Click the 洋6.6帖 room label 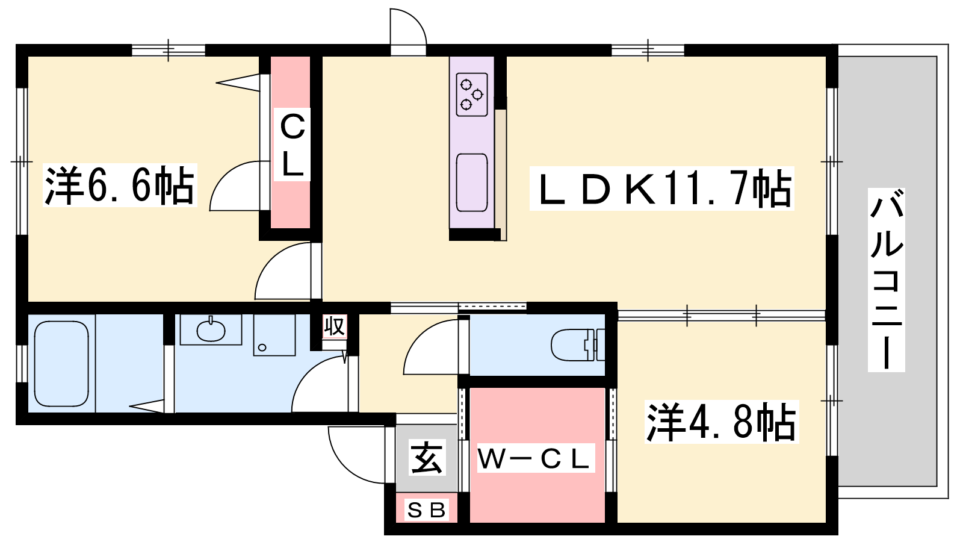(120, 185)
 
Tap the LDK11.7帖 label (662, 188)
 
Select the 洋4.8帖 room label (722, 422)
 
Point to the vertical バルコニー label (887, 279)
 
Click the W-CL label (536, 458)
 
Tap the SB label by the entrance (427, 510)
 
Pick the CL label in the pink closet (293, 145)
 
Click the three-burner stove (472, 94)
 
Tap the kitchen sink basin (472, 182)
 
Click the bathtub (61, 364)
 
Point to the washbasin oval (211, 330)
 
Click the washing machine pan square (274, 335)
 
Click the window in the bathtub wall (22, 364)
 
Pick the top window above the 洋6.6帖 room (168, 51)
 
